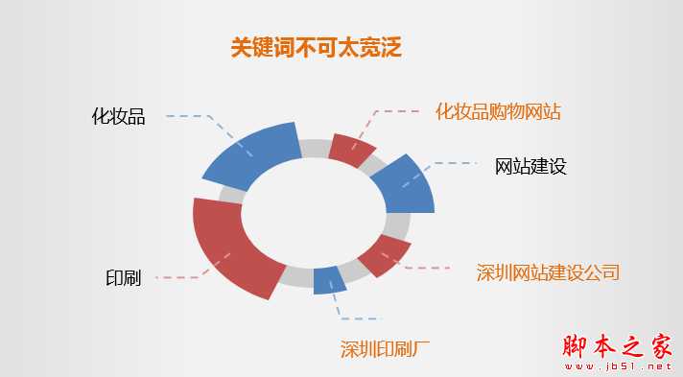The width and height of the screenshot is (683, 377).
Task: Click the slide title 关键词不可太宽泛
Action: point(316,47)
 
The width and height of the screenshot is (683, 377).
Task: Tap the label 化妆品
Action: point(118,117)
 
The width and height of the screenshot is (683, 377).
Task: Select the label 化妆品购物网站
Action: point(498,112)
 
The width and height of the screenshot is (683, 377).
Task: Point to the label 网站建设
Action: point(530,166)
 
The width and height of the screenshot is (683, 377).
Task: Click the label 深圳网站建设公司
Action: point(548,271)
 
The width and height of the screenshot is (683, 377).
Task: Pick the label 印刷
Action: point(123,278)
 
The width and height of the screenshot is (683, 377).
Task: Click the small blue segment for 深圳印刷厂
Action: point(329,278)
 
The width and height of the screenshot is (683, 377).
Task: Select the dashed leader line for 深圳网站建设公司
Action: point(427,268)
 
